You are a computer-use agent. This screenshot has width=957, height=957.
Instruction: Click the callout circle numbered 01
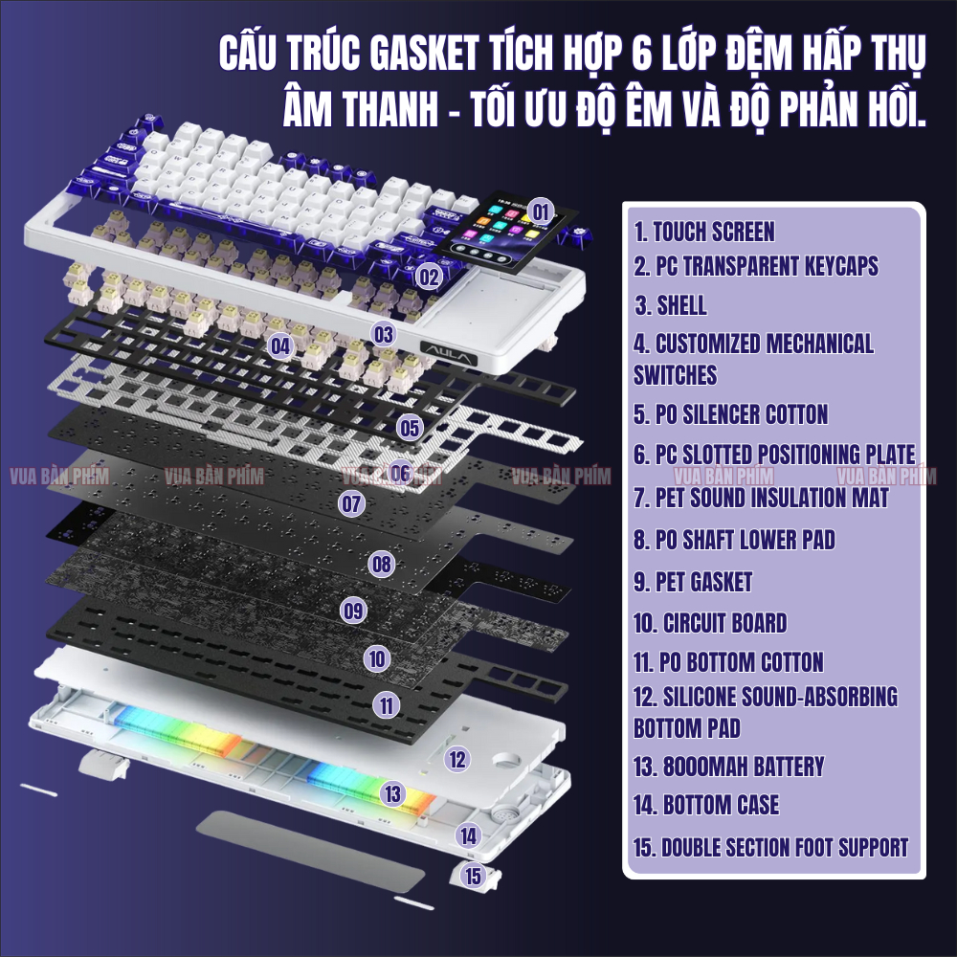click(541, 211)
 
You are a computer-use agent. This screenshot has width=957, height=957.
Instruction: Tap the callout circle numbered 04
click(280, 346)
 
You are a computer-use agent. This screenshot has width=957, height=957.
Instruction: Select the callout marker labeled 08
click(382, 564)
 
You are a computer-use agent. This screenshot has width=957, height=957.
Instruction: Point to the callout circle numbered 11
click(387, 705)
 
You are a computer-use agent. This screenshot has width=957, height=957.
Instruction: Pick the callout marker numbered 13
click(392, 793)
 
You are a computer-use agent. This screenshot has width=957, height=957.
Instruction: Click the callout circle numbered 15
click(473, 876)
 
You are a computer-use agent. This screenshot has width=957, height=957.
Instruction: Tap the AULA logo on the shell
click(449, 355)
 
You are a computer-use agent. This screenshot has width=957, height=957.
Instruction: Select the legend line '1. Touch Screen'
click(704, 232)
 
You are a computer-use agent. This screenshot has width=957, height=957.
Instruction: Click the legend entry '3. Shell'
click(670, 305)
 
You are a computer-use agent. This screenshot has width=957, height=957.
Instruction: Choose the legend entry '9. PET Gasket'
click(693, 582)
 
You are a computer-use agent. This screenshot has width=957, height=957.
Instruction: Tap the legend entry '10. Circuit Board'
click(710, 623)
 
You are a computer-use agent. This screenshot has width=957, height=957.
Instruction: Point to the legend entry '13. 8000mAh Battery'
click(728, 767)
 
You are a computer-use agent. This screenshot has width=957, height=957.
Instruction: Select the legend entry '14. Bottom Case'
click(706, 805)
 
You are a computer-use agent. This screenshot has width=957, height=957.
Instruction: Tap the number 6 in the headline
click(642, 52)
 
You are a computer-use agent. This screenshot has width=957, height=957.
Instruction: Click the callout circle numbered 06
click(400, 472)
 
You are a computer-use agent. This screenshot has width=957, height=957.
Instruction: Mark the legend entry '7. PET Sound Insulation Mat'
click(761, 498)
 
